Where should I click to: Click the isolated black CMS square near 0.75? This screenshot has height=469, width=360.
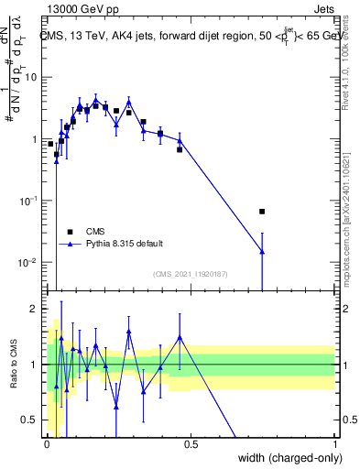262,212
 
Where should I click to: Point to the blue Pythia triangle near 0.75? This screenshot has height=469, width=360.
262,251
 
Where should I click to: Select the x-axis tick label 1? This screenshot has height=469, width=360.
334,442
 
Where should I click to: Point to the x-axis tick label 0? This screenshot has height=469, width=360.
46,442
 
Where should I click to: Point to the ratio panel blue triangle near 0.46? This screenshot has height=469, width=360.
180,337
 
